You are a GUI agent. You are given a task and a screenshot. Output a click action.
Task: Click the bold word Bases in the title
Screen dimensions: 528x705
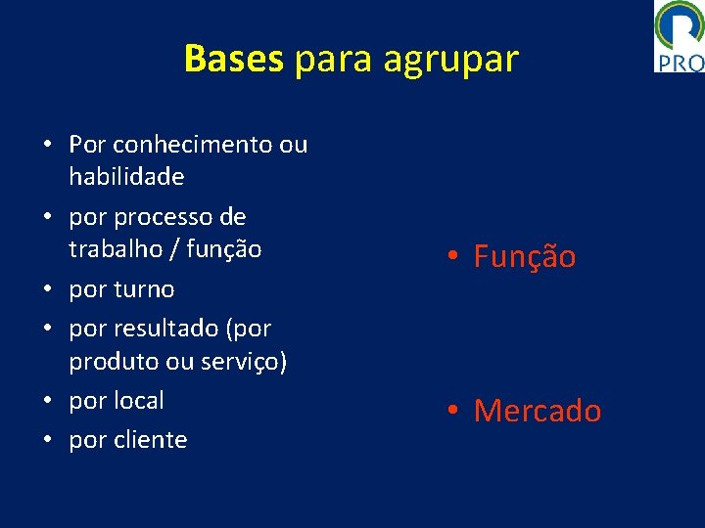tap(233, 60)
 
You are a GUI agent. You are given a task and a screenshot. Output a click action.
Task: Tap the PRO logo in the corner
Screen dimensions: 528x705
tap(679, 36)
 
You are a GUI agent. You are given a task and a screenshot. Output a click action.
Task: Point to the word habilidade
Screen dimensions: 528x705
tap(126, 177)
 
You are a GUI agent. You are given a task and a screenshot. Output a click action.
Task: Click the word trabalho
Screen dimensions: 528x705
tap(117, 249)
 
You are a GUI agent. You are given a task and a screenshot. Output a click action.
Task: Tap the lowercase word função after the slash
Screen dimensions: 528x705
tap(225, 249)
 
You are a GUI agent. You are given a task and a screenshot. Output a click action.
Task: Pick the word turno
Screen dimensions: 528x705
tap(144, 289)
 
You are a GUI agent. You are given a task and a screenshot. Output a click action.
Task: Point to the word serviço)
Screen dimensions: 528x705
tap(243, 361)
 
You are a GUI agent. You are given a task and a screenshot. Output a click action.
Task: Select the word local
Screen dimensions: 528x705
tap(141, 400)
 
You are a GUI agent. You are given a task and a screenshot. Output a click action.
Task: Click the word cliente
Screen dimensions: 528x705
tap(152, 440)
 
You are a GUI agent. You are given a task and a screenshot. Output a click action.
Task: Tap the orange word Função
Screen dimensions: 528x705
tap(525, 257)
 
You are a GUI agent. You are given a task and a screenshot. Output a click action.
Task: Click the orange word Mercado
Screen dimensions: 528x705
tap(538, 411)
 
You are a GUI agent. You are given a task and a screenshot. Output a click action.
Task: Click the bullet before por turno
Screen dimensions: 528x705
tap(47, 289)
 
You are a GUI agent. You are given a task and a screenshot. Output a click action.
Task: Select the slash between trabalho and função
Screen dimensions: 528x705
tap(174, 249)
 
